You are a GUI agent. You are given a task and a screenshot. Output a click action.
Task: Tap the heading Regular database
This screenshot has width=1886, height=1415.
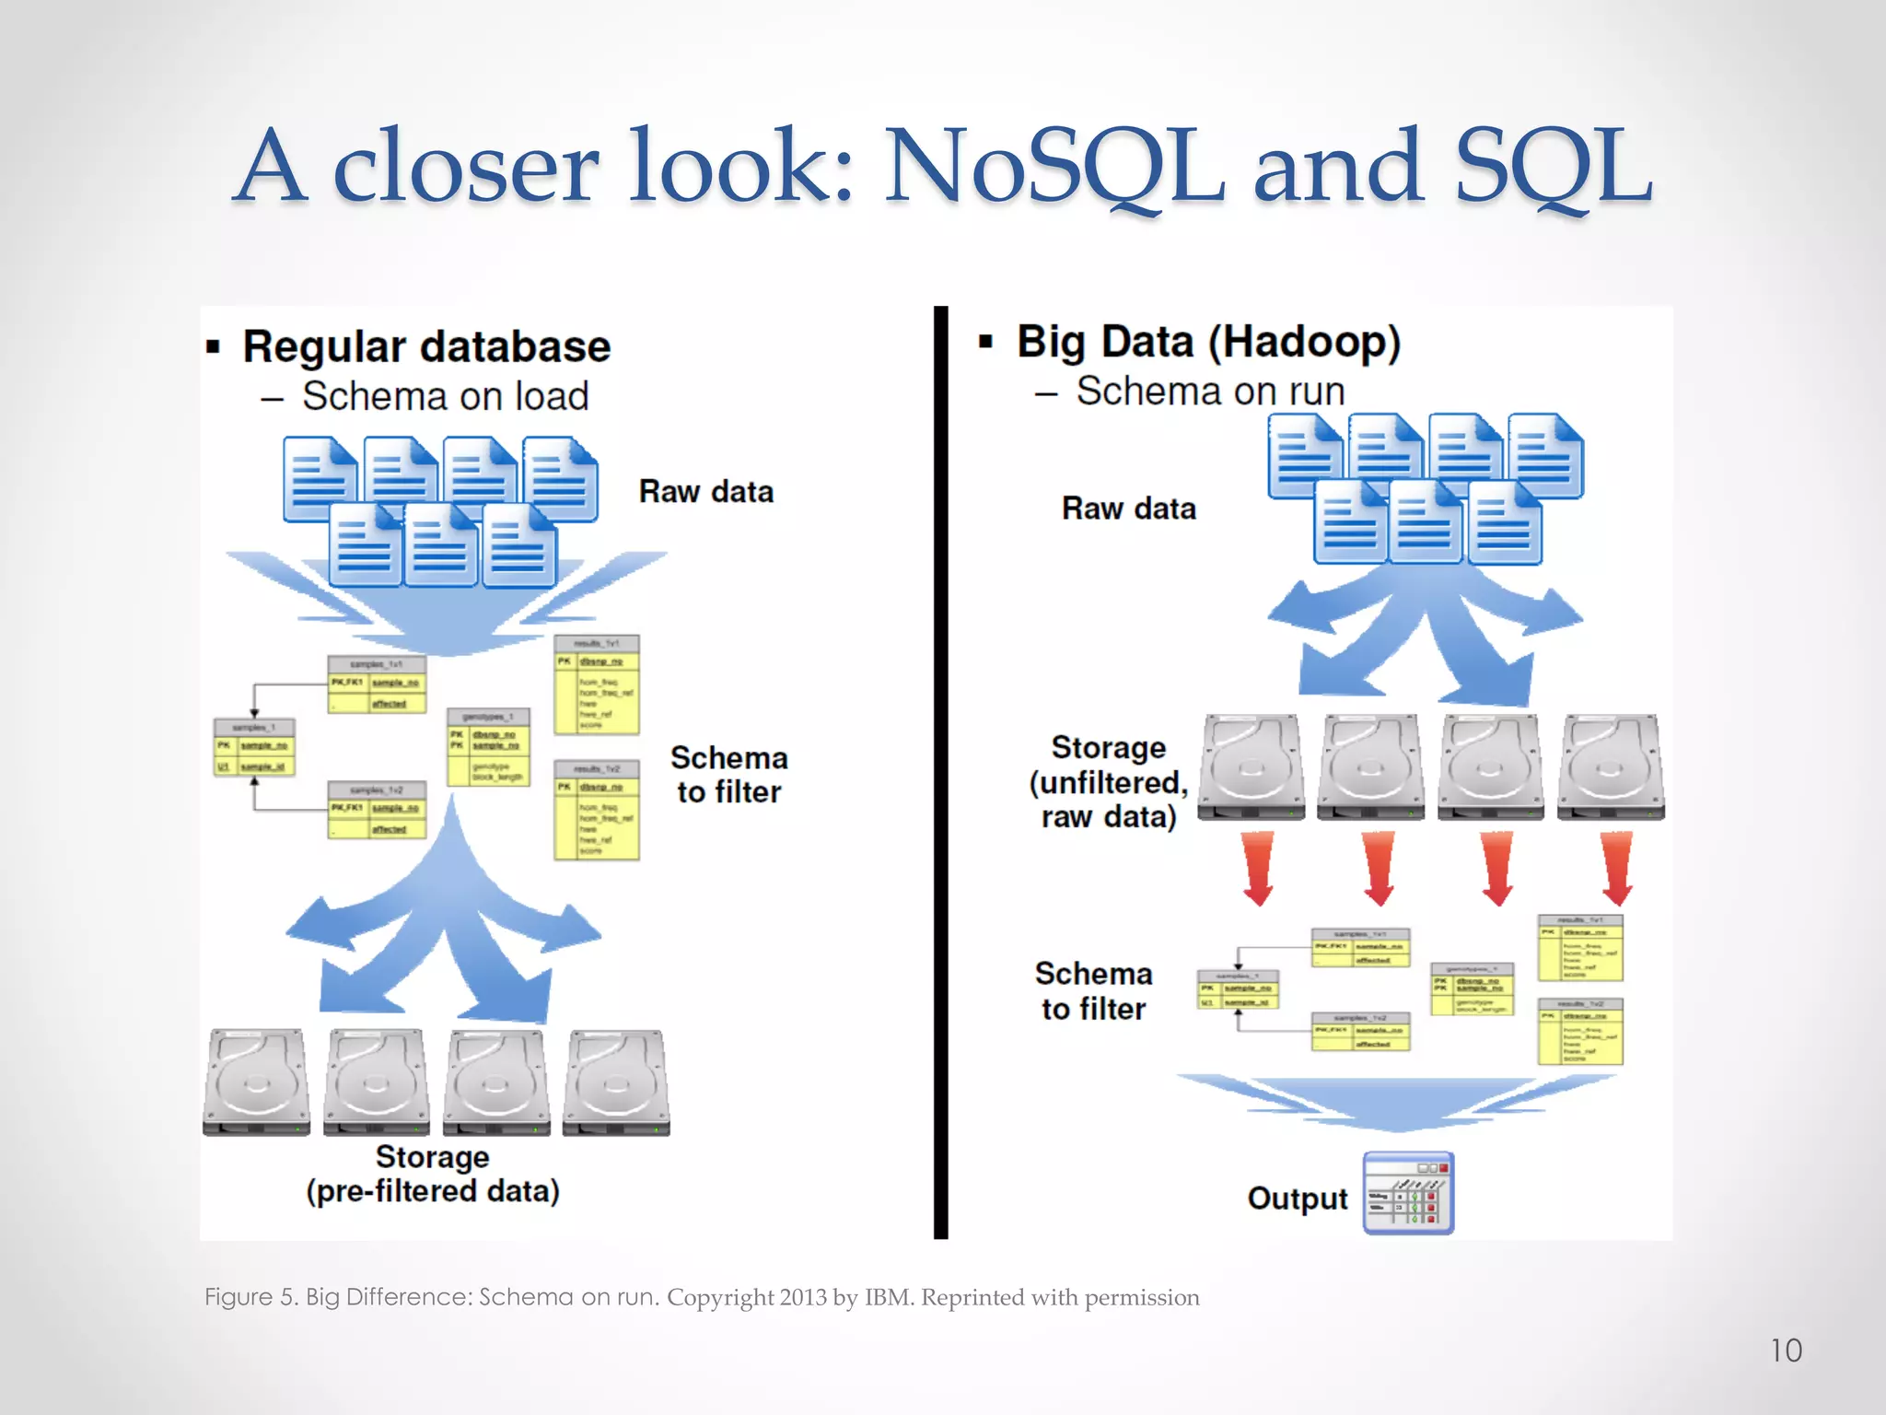[x=426, y=347]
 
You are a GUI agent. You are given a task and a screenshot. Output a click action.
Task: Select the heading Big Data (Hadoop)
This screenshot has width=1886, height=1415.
[x=1208, y=342]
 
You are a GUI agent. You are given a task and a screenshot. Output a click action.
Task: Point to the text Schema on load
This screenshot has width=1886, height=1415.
[x=446, y=396]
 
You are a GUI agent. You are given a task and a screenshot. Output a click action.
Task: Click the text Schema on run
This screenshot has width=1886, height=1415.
[x=1210, y=392]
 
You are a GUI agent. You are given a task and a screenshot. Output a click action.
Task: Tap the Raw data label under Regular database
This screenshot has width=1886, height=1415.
[x=706, y=492]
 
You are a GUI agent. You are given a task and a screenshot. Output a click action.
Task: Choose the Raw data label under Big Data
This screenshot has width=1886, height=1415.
[x=1129, y=509]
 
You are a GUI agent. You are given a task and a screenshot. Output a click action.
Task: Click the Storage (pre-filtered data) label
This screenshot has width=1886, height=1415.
[x=433, y=1175]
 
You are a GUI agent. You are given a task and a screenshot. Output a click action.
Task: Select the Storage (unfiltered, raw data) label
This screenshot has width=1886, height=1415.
[x=1109, y=782]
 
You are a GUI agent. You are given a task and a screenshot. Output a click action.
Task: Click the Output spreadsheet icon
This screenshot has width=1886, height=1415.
[x=1408, y=1193]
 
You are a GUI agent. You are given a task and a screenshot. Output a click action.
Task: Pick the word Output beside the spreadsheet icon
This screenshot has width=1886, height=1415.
[x=1298, y=1199]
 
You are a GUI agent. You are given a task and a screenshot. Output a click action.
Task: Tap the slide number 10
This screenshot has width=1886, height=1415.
[x=1786, y=1351]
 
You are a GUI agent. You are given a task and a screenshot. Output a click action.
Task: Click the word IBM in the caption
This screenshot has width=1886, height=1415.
[x=888, y=1298]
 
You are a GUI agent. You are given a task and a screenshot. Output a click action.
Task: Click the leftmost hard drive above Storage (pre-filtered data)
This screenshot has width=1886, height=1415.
[x=257, y=1082]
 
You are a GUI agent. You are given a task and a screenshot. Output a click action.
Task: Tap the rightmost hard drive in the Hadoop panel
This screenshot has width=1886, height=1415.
[x=1611, y=766]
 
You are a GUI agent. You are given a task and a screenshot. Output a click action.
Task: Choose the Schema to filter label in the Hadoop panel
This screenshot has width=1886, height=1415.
[x=1094, y=991]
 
